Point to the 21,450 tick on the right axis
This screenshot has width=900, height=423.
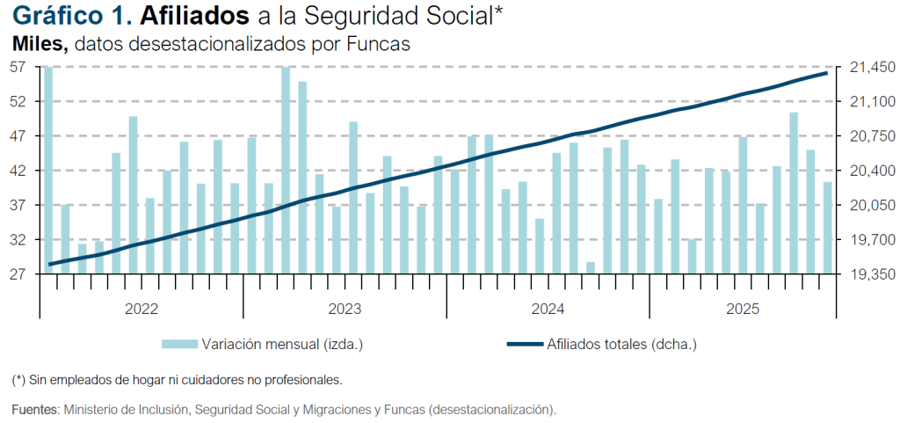tap(867, 67)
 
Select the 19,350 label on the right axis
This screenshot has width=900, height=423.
tap(867, 274)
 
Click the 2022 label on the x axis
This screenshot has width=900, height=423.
tap(142, 308)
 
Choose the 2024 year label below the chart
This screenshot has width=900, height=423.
tap(548, 308)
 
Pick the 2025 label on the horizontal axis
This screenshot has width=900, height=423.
tap(743, 308)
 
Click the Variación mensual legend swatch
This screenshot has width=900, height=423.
tap(178, 344)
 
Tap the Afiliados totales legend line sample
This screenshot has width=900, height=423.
tap(524, 344)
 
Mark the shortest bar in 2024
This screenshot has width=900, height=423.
tap(591, 268)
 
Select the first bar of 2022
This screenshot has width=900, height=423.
tap(48, 171)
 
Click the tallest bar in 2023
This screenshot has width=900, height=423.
tap(286, 171)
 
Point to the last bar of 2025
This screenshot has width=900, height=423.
tap(827, 228)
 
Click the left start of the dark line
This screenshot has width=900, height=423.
tap(48, 264)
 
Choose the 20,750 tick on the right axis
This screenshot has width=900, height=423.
tap(867, 136)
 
